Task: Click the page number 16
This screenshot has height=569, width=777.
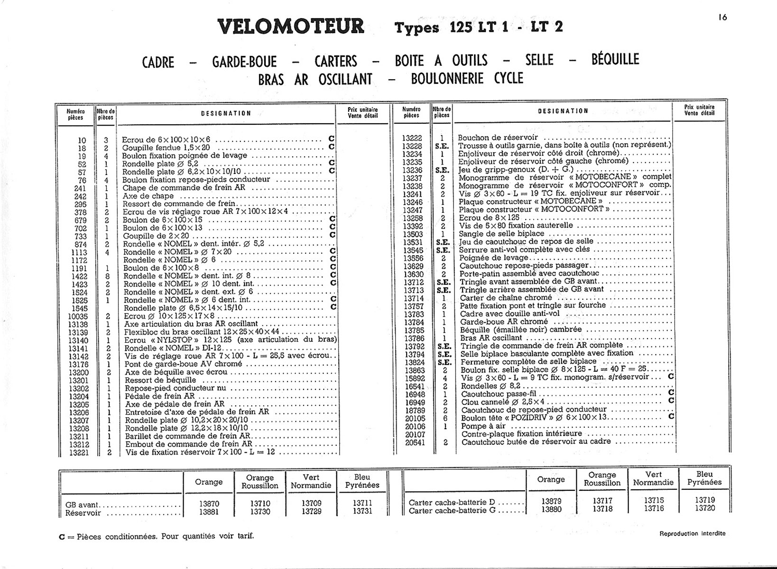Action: (x=722, y=18)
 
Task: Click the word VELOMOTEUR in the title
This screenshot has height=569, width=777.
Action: (x=291, y=26)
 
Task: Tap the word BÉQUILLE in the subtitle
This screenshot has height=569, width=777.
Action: (x=615, y=60)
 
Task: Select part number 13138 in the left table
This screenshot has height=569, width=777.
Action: (x=78, y=324)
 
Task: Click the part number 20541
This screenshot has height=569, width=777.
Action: (x=415, y=442)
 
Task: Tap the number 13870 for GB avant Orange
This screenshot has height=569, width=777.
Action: (x=209, y=504)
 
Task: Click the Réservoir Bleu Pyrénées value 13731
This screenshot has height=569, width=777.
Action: (x=362, y=511)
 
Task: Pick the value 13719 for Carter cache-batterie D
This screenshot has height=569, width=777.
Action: (x=704, y=500)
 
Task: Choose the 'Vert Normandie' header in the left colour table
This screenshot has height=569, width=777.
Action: (x=311, y=481)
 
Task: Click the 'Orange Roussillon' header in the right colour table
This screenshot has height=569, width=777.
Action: (x=601, y=479)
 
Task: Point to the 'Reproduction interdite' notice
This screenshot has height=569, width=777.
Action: (x=692, y=533)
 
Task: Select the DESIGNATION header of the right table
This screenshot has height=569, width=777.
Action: (x=563, y=111)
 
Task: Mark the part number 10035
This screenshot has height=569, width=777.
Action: (x=78, y=316)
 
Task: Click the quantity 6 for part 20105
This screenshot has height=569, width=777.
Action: (x=444, y=418)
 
